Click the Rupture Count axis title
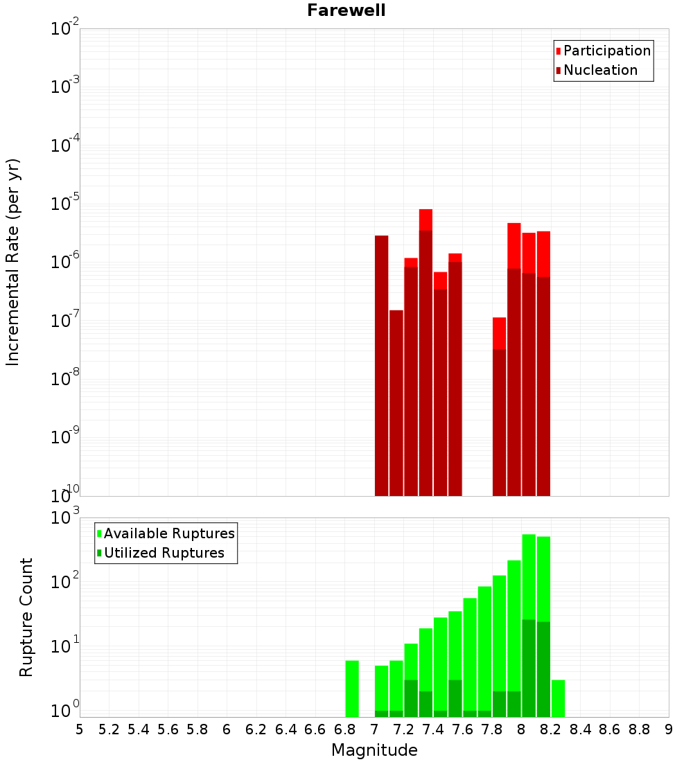coord(26,617)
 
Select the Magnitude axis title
coord(374,750)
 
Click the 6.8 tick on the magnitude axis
coord(344,729)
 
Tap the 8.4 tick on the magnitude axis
coord(580,729)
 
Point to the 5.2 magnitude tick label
coord(109,729)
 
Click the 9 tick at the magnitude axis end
coord(668,729)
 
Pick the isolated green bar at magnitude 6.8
coord(352,689)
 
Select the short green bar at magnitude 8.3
coord(558,698)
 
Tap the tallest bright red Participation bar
coord(426,219)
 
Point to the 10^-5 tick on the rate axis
coord(65,204)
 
